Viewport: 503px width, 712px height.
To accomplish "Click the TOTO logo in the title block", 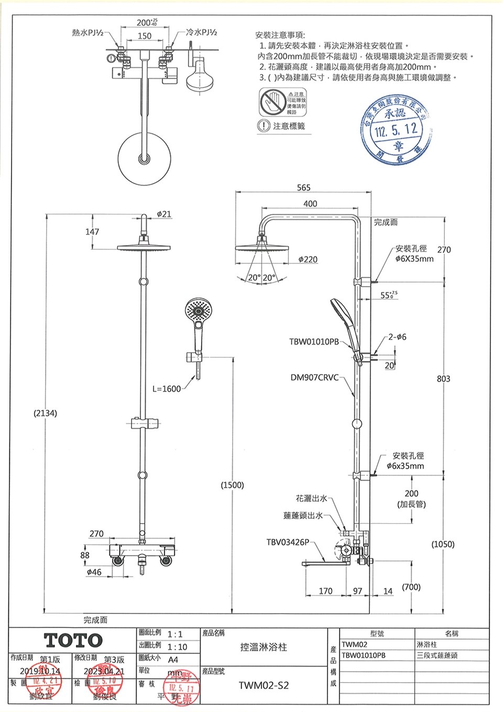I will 73,640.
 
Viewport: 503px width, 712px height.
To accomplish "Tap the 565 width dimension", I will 303,187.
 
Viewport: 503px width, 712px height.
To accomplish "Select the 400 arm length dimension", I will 310,204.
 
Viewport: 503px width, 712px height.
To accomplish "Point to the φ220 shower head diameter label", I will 308,259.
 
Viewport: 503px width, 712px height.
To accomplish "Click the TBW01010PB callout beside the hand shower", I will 314,342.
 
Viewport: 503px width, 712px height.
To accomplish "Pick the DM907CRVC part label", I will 314,377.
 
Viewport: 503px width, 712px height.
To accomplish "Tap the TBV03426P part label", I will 288,541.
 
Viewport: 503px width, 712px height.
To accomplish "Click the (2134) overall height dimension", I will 46,413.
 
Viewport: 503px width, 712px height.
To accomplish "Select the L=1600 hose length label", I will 167,389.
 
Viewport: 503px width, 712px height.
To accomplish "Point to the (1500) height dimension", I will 232,485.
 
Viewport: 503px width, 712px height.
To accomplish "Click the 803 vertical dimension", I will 443,378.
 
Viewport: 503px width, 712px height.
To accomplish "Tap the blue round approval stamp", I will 398,128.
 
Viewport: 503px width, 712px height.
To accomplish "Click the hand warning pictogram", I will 272,102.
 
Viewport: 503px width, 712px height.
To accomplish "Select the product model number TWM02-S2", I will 264,685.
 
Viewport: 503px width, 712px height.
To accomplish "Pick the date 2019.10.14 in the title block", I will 40,671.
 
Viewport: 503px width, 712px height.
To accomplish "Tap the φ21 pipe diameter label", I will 164,214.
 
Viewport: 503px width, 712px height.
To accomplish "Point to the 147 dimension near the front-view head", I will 92,231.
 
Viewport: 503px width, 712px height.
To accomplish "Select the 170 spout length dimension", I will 325,591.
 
